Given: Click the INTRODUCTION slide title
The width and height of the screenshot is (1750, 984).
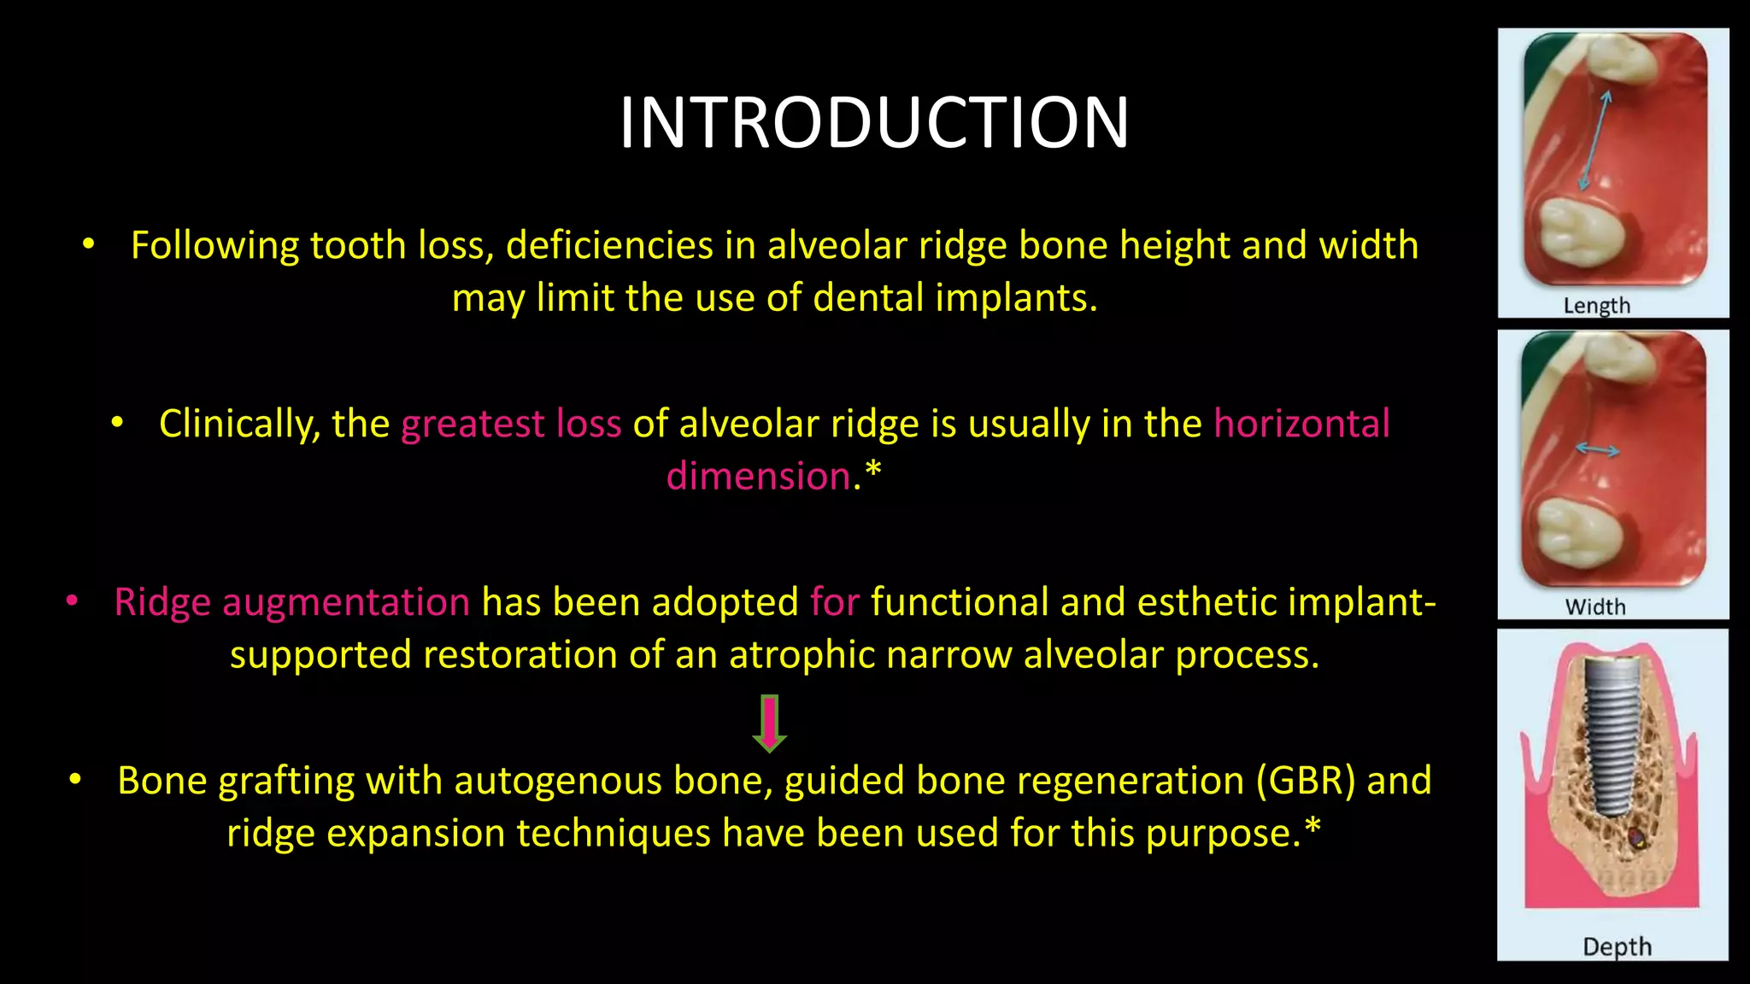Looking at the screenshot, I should click(874, 123).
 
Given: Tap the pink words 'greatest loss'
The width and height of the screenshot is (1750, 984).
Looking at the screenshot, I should click(511, 424).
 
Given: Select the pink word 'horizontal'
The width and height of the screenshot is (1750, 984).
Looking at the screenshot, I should click(1301, 424).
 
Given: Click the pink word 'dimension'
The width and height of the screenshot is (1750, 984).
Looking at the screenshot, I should click(758, 476).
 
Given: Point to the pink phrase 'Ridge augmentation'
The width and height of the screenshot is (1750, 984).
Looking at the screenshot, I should click(292, 602).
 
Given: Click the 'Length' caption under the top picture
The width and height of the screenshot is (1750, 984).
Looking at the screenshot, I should click(1596, 305).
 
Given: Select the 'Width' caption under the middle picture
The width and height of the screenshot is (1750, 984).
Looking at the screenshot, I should click(1594, 606).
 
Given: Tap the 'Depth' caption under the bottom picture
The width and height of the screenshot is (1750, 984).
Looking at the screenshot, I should click(1617, 946).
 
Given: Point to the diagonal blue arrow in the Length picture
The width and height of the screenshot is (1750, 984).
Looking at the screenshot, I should click(1594, 141).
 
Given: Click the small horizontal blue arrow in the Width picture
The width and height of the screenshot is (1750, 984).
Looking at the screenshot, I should click(1597, 450).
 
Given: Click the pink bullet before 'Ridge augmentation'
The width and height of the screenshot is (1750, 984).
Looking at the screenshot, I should click(73, 602).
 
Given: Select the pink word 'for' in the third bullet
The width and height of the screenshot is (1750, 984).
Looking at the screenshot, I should click(835, 602).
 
